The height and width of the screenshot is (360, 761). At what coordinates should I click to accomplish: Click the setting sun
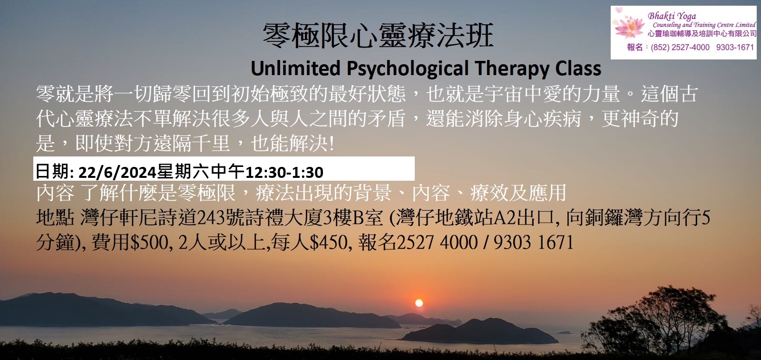419,303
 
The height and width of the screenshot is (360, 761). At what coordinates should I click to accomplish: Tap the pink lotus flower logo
630,27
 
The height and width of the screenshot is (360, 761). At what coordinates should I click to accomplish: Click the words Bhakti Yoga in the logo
672,16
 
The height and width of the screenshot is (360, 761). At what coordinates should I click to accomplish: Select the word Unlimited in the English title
295,68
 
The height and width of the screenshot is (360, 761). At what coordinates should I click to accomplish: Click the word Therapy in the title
511,69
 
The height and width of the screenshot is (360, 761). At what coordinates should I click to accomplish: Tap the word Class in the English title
578,68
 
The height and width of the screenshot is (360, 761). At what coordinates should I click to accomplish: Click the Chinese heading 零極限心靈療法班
378,36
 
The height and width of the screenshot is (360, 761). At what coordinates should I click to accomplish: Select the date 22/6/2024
117,172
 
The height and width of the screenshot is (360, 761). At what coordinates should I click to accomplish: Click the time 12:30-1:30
284,172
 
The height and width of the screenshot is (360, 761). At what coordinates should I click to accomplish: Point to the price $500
150,243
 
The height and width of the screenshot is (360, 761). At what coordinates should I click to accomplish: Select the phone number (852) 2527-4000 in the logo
680,47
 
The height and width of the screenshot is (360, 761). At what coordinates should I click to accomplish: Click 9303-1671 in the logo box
735,47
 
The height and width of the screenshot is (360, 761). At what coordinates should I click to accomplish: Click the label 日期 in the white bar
53,172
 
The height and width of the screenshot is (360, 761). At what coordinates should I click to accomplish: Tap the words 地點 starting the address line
55,218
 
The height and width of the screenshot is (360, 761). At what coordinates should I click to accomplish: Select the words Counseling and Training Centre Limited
704,25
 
